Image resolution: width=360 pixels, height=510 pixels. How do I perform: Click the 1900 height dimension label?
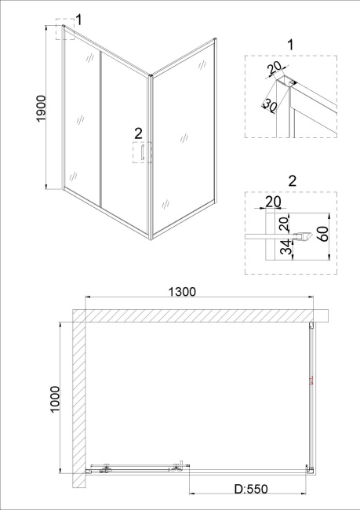point(42,108)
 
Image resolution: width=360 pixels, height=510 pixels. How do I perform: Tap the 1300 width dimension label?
point(182,292)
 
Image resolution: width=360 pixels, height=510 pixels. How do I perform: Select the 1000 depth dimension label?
point(55,399)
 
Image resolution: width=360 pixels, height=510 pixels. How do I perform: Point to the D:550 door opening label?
point(251,489)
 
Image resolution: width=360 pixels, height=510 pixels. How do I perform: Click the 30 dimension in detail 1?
point(269,105)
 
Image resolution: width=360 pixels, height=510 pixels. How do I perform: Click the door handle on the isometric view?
point(142,152)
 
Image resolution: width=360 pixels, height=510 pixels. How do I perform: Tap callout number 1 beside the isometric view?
point(78,20)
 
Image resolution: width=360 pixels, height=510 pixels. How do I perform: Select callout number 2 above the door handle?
point(138,133)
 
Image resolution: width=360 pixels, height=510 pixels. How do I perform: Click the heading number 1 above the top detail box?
point(290,45)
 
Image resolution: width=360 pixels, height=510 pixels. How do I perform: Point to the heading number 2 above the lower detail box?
point(293,180)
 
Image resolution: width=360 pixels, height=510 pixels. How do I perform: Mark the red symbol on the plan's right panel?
point(311,381)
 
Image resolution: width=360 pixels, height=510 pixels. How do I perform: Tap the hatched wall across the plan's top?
point(200,315)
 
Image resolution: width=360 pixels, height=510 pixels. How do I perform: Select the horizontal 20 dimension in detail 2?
point(273,202)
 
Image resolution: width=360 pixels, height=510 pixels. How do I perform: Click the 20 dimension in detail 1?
point(274,68)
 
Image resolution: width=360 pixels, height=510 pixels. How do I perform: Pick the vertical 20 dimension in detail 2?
point(285,224)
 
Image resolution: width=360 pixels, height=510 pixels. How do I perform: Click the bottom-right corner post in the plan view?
point(311,469)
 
